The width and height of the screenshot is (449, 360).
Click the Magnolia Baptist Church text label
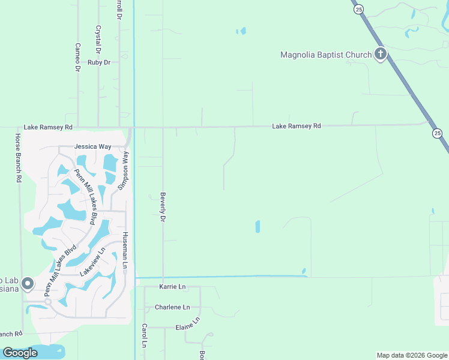coord(326,55)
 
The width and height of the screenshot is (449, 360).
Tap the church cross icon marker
coord(380,55)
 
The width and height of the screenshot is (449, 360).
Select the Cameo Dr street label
coord(77,58)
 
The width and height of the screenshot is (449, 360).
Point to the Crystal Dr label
coord(98,38)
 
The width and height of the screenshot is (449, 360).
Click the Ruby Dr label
coord(99,62)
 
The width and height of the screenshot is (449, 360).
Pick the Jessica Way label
coord(92,146)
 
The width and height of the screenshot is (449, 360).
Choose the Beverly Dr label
coord(163,206)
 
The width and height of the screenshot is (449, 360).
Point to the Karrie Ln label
coord(172,287)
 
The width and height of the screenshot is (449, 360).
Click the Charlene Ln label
coord(172,307)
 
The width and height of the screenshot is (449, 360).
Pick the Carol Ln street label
coord(144,335)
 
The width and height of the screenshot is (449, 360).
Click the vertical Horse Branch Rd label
coord(19,158)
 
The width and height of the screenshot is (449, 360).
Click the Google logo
coord(20,353)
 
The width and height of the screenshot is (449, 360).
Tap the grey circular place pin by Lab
coord(27,283)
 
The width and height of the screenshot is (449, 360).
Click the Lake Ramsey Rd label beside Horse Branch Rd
coord(48,127)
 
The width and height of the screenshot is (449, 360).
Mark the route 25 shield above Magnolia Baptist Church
coord(359,9)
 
